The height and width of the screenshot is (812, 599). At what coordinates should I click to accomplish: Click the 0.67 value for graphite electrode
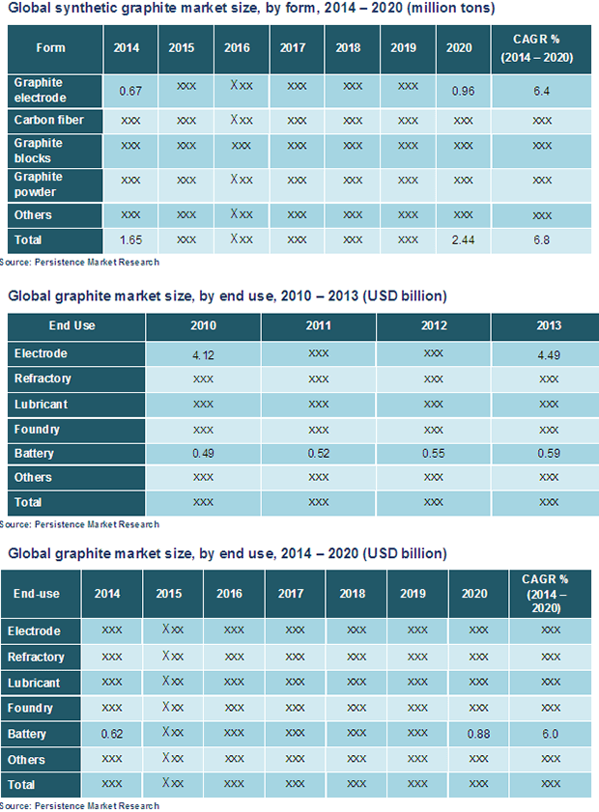[x=130, y=91]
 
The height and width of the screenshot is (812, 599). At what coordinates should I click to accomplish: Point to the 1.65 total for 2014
[x=130, y=238]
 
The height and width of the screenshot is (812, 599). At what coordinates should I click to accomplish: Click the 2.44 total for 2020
[x=463, y=238]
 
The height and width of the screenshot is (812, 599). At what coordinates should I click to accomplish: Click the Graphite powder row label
[x=39, y=183]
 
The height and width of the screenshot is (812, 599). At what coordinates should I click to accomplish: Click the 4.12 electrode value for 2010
[x=203, y=355]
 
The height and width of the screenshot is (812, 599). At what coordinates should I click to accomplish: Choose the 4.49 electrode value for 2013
[x=548, y=354]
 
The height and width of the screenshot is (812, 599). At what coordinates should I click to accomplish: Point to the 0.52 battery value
[x=318, y=454]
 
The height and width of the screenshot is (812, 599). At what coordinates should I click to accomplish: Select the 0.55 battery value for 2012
[x=433, y=454]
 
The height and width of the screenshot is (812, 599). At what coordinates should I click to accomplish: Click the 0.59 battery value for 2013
[x=548, y=454]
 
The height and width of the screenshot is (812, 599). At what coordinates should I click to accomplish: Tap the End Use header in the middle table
[x=72, y=325]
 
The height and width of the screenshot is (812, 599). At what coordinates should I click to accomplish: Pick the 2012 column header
[x=433, y=325]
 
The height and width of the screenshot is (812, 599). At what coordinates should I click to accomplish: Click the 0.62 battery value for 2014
[x=112, y=735]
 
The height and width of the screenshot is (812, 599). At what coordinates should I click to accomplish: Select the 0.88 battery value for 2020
[x=477, y=735]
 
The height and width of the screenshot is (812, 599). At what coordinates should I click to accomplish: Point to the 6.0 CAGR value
[x=550, y=735]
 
